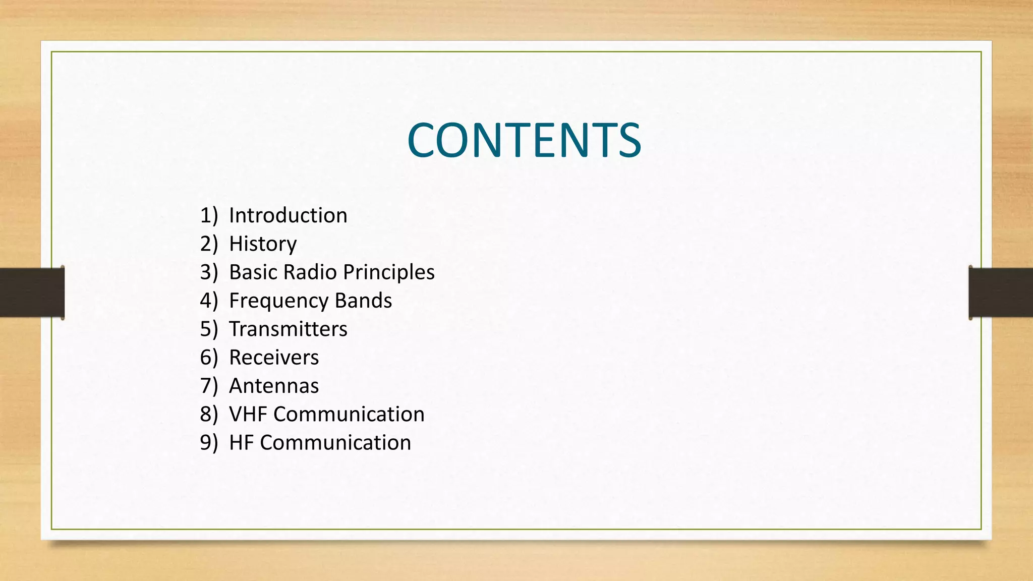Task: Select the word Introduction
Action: click(288, 216)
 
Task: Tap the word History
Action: click(263, 244)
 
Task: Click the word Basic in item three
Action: click(253, 272)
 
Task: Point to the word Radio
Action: click(310, 272)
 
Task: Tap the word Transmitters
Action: click(288, 329)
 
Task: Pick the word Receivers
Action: click(274, 358)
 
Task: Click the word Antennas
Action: click(274, 386)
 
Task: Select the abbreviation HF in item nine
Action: click(241, 443)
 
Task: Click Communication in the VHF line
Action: click(349, 415)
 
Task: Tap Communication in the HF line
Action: click(335, 443)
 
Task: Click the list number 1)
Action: click(209, 216)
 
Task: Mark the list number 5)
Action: click(209, 329)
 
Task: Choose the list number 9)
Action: click(209, 443)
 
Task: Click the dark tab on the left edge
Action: click(32, 293)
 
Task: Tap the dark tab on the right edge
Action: click(1001, 293)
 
